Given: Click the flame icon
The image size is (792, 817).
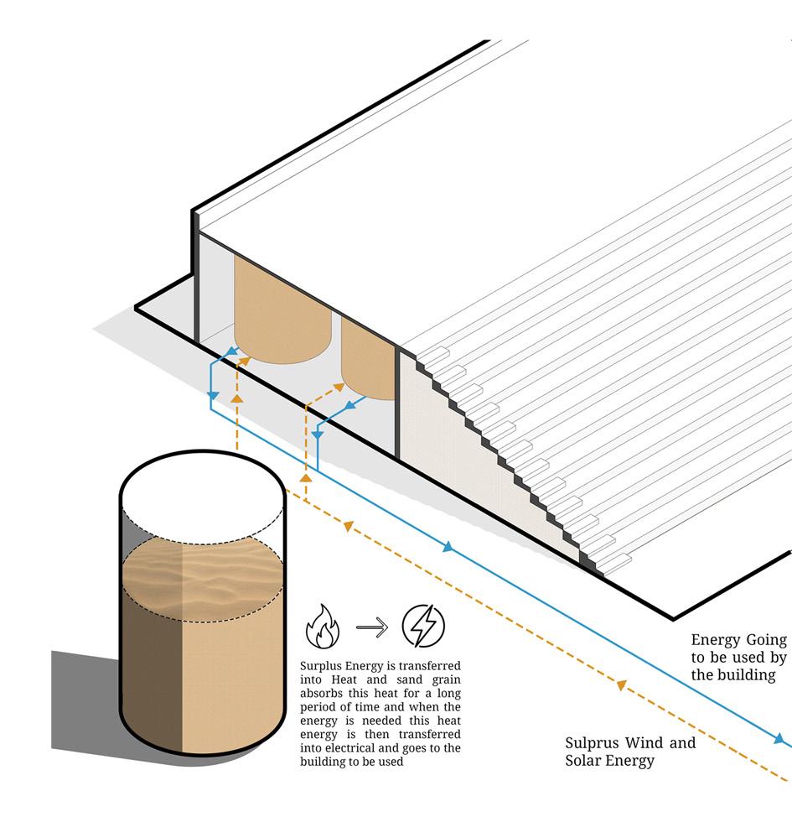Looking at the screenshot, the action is pos(323,627).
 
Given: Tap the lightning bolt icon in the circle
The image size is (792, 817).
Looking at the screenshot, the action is pos(423,626).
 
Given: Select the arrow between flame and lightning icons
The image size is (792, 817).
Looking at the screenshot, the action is pos(372,627).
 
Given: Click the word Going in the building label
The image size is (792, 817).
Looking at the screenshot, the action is pos(764,640).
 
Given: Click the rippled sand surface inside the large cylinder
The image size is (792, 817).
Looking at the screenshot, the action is pos(201,579).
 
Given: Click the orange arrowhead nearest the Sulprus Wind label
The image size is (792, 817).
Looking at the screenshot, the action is pos(621,685).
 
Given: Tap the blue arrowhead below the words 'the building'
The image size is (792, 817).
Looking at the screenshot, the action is pos(780,739).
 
